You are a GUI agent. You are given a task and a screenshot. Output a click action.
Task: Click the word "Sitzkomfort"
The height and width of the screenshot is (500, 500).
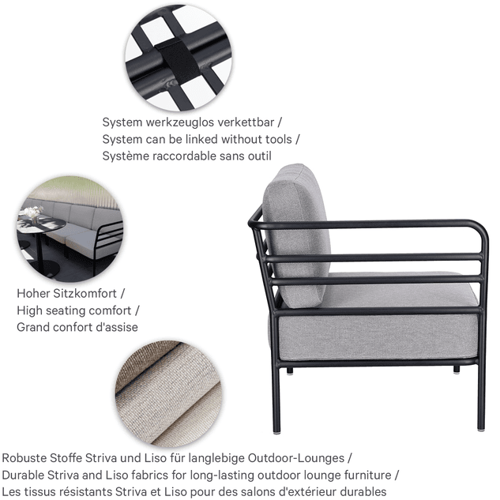tap(85, 293)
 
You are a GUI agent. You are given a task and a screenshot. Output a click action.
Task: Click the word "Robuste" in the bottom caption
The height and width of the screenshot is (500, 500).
tap(23, 458)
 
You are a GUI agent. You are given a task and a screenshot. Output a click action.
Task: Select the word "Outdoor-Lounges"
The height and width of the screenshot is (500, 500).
tap(296, 458)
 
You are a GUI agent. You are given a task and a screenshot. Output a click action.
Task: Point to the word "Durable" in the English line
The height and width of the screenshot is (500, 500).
tap(23, 476)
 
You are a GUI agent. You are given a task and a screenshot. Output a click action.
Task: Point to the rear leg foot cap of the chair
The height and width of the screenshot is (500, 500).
tap(276, 432)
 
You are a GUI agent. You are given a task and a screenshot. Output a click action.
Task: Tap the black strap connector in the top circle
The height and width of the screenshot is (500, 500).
tap(178, 62)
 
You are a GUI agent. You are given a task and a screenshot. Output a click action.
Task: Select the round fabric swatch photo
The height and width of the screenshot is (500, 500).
tap(168, 393)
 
